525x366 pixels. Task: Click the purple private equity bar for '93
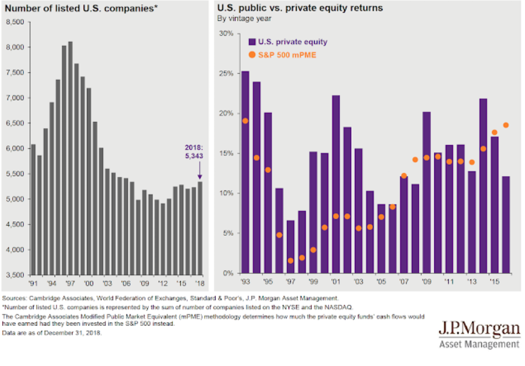coord(245,172)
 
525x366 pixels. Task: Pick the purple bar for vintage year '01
coord(336,184)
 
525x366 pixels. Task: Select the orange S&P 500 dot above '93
coord(245,121)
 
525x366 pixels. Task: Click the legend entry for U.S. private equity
coord(288,42)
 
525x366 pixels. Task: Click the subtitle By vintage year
coord(243,19)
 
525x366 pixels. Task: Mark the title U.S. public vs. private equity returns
coord(299,9)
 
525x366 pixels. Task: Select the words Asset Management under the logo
coord(479,344)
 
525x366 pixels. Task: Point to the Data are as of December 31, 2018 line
coord(52,332)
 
